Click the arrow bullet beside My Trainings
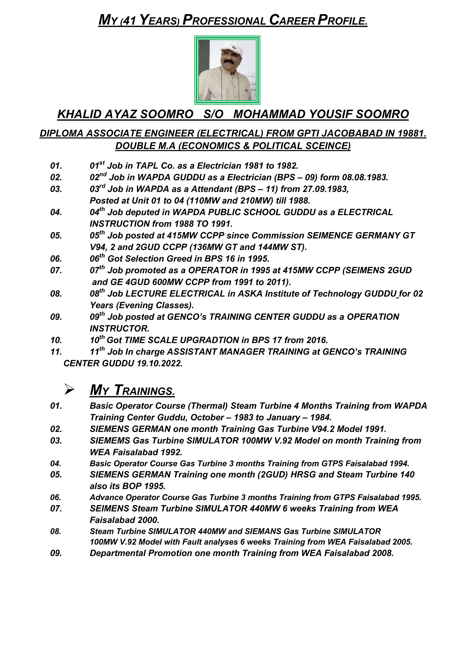(69, 390)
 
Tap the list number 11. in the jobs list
(56, 352)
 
